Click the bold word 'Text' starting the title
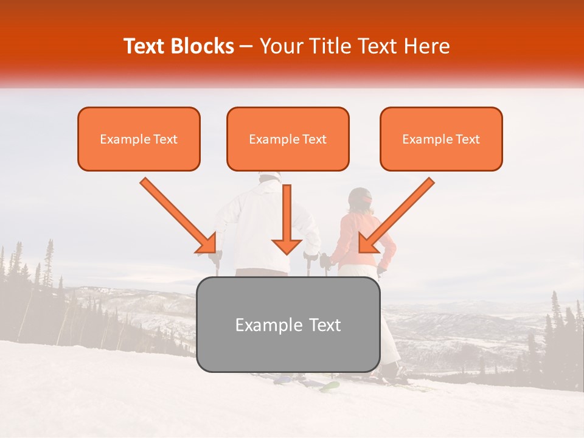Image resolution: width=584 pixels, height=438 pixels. (x=146, y=46)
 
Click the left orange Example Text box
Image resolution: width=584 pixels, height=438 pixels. (x=139, y=139)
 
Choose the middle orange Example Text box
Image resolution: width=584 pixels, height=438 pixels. (x=288, y=139)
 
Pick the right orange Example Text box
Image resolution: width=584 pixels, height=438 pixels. (x=441, y=139)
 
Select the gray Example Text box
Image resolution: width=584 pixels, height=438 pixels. (x=288, y=324)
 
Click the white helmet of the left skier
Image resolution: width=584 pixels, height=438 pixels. (x=269, y=176)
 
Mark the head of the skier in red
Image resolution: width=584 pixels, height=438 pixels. (x=360, y=199)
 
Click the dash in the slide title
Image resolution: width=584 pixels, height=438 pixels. (x=247, y=46)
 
